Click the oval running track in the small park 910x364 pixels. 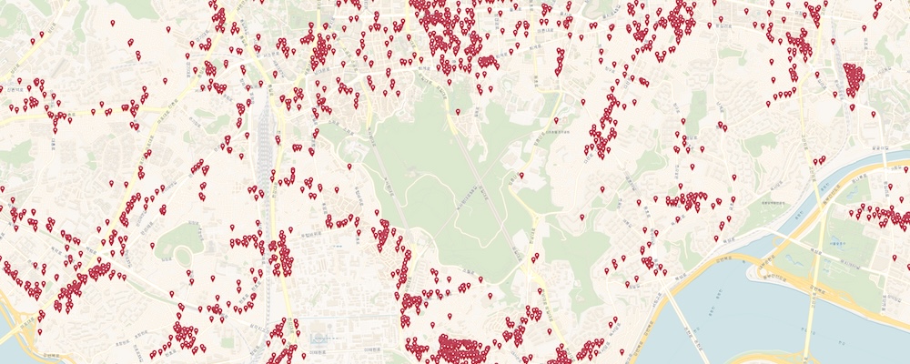[180, 238]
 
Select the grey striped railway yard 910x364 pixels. [266, 136]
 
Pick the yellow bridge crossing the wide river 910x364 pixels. [812, 300]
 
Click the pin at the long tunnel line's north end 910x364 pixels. [458, 112]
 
